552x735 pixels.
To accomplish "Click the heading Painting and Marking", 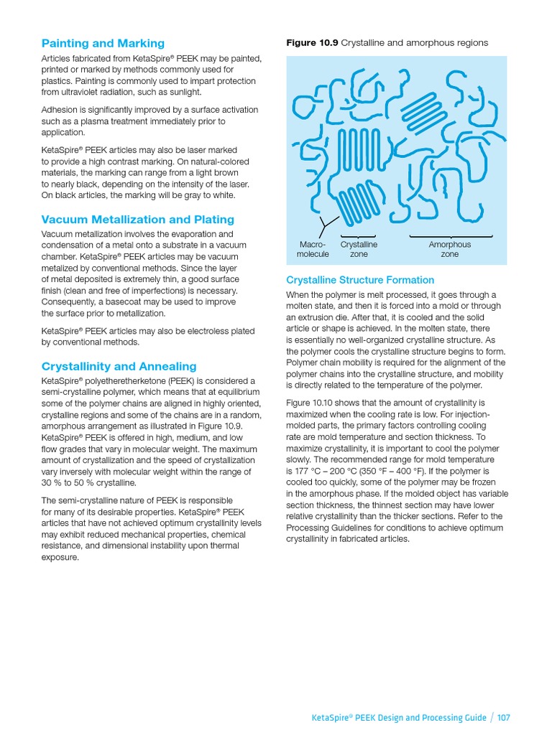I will point(103,43).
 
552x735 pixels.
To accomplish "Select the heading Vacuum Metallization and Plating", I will point(138,220).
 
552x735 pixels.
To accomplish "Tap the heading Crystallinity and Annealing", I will point(119,366).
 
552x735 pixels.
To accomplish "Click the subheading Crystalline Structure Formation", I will point(360,280).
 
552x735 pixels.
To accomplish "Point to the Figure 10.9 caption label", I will point(312,43).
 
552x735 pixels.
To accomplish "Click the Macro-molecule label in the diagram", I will point(313,249).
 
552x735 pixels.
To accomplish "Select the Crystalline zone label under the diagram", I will point(358,249).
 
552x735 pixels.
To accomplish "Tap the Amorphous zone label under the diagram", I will point(449,249).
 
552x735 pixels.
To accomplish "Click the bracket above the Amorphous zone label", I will point(451,235).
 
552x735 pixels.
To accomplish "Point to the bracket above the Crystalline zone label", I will point(358,235).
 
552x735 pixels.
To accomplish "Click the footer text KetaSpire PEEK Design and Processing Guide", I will point(398,718).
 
